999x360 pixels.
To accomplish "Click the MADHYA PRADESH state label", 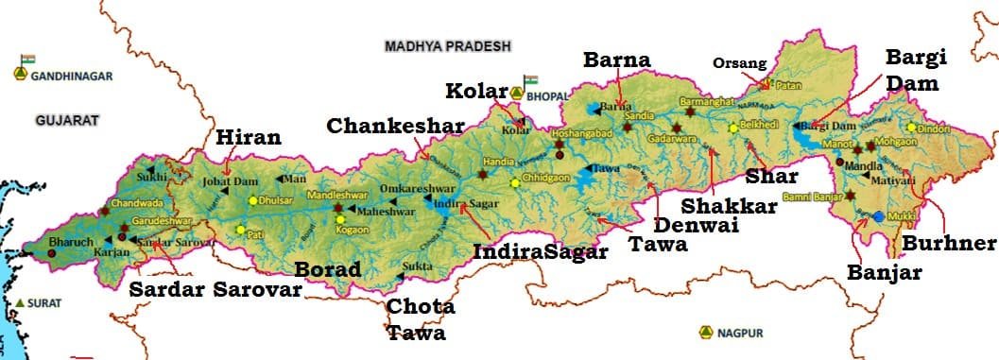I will [447, 46].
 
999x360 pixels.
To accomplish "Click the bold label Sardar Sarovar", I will [215, 289].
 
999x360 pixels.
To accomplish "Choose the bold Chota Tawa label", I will [420, 319].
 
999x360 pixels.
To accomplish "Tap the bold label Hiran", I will [249, 138].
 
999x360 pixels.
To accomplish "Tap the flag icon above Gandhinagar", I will [26, 60].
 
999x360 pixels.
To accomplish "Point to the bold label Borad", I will [328, 269].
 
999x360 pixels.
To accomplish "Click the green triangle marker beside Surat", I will [20, 301].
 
